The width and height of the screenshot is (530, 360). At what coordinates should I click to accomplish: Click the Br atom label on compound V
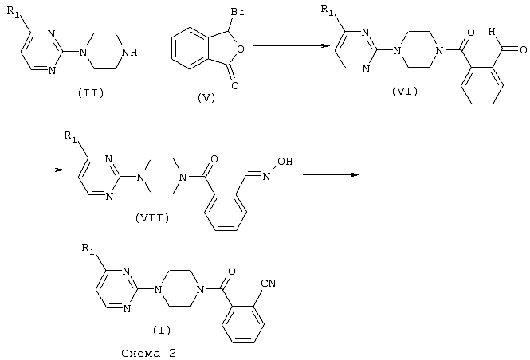click(x=238, y=12)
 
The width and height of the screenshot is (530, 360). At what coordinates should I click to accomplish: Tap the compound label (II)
click(x=91, y=93)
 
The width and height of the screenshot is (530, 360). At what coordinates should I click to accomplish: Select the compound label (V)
click(x=206, y=98)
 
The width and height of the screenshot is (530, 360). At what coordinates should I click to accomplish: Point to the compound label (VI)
click(x=405, y=91)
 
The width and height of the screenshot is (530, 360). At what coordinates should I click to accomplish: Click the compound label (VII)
click(x=152, y=218)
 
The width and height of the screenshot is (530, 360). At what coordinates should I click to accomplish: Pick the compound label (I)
click(x=162, y=330)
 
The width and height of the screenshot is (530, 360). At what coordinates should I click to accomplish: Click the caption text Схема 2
click(x=149, y=354)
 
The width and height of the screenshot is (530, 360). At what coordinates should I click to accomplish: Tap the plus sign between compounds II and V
click(x=155, y=45)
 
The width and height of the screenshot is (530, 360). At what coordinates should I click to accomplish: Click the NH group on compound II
click(x=129, y=53)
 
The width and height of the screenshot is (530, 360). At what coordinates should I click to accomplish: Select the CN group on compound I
click(x=269, y=283)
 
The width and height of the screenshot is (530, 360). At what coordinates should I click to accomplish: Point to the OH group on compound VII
click(x=285, y=162)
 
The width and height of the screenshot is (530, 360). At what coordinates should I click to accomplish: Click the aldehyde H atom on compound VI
click(x=492, y=33)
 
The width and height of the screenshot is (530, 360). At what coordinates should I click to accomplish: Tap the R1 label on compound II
click(x=14, y=11)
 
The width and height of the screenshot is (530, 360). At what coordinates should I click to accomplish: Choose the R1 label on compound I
click(x=88, y=248)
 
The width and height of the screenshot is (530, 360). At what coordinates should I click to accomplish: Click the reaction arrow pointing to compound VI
click(x=292, y=46)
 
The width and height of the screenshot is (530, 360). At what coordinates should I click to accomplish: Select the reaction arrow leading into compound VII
click(x=33, y=170)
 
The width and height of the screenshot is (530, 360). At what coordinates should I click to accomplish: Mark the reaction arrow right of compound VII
click(x=331, y=174)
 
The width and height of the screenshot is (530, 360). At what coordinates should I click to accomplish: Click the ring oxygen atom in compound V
click(x=241, y=50)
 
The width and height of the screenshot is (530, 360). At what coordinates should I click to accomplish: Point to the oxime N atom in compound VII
click(x=266, y=176)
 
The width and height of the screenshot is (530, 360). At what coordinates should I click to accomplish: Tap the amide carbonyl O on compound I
click(x=232, y=272)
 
